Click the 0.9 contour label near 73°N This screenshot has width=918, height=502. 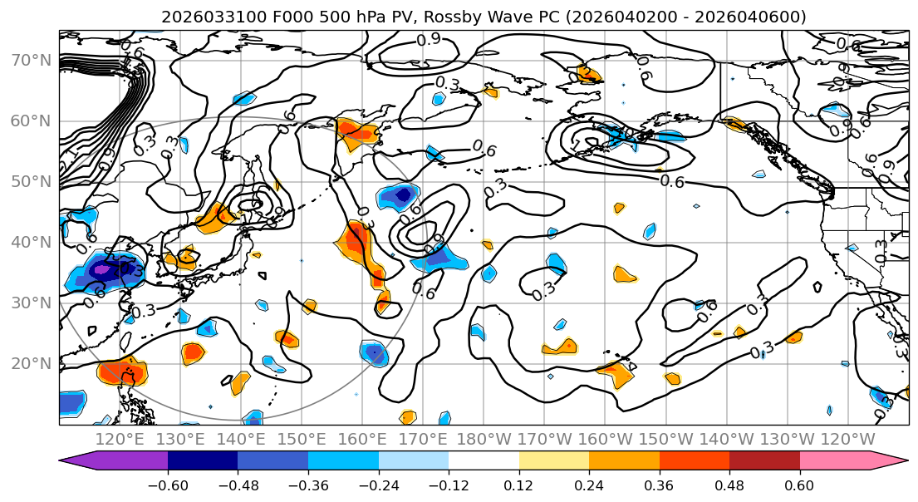pos(429,39)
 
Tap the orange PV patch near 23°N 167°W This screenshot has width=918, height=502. pos(558,347)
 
